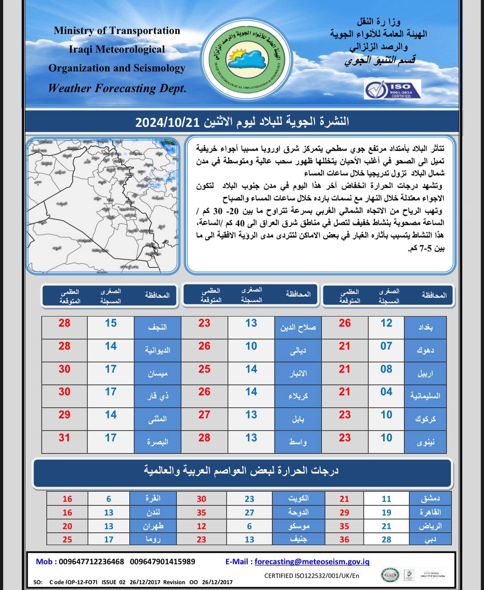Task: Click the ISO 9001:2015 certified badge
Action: [x=392, y=89]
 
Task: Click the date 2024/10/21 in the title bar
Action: [x=167, y=122]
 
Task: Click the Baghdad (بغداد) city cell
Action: [x=425, y=327]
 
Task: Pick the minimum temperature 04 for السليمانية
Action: [x=386, y=392]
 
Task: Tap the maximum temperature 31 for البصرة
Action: [x=64, y=437]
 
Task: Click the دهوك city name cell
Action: [x=425, y=350]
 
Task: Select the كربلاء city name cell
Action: [x=297, y=396]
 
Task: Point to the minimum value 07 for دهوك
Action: [x=386, y=346]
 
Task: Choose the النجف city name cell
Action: [x=157, y=327]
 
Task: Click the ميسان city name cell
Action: [x=157, y=373]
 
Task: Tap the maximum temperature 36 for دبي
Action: [x=344, y=539]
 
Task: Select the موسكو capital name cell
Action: [x=297, y=526]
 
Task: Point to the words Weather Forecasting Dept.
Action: [x=117, y=88]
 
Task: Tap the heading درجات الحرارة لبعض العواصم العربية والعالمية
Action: [x=241, y=471]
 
